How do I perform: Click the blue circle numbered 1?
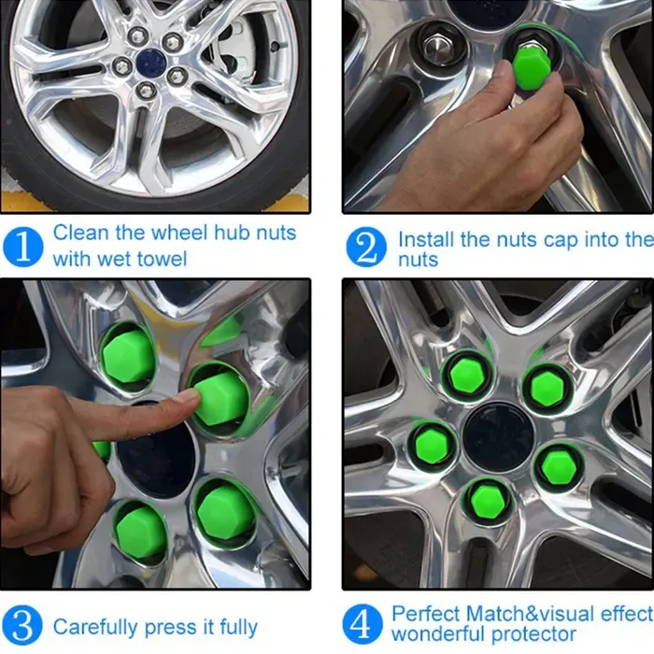[23, 247]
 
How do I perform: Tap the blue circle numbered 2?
[366, 247]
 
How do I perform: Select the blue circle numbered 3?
[22, 625]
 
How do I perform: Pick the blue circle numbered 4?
[363, 624]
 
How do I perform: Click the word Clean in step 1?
[81, 233]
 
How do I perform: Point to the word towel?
[162, 259]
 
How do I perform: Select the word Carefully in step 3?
[95, 627]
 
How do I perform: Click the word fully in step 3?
[238, 627]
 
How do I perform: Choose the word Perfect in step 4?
[427, 614]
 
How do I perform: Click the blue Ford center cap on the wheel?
[151, 61]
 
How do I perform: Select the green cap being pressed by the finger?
[221, 398]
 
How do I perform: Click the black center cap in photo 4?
[498, 436]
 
